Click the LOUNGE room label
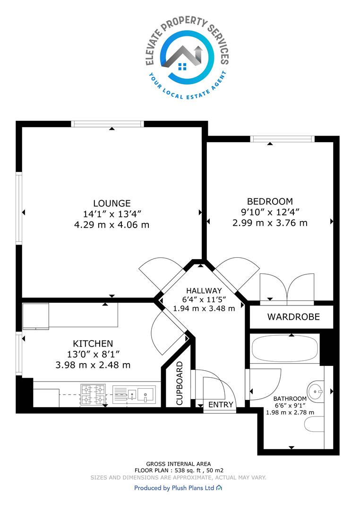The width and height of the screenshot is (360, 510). click(112, 203)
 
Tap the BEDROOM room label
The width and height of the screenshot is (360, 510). click(270, 201)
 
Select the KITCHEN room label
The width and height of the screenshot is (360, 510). click(93, 343)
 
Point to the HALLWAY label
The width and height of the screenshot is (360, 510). click(204, 290)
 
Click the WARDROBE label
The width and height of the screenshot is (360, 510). click(293, 317)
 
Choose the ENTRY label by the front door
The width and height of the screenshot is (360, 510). click(221, 405)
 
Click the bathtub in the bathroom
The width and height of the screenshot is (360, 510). click(285, 348)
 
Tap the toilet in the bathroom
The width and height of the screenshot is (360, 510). click(314, 424)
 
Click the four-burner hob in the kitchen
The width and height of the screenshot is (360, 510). click(93, 394)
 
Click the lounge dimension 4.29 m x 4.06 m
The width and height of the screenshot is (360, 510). click(111, 225)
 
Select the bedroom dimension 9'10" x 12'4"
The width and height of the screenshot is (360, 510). click(270, 212)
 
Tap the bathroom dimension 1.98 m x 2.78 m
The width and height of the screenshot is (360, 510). click(290, 412)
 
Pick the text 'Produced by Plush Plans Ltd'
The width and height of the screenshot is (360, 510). click(174, 488)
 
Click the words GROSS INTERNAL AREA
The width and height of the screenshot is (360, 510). click(179, 464)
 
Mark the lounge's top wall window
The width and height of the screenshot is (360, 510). click(107, 124)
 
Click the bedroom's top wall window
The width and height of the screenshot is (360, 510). click(283, 139)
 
